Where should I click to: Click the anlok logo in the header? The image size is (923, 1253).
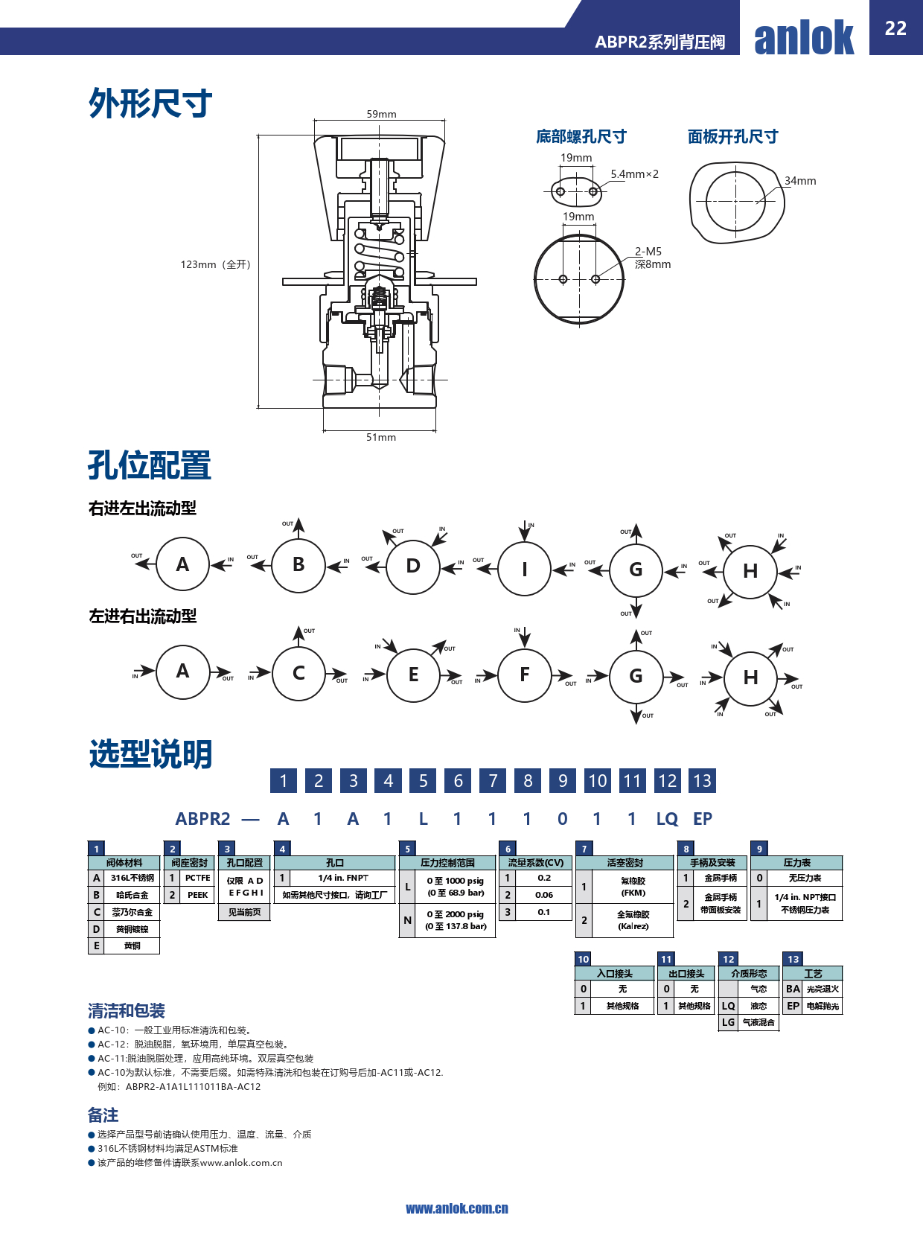click(804, 37)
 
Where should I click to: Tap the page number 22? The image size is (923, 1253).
click(895, 28)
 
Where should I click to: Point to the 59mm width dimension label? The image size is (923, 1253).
click(381, 114)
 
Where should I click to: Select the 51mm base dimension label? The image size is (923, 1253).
click(381, 437)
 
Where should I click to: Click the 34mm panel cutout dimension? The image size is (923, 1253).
click(800, 181)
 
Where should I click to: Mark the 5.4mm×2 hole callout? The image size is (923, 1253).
click(634, 174)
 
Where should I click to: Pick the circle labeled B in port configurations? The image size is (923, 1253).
click(298, 565)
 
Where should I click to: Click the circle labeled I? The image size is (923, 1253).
click(524, 570)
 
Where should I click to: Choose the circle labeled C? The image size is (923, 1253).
click(298, 674)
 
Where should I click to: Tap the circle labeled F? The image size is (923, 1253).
click(524, 675)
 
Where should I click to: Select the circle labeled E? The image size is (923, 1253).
click(413, 675)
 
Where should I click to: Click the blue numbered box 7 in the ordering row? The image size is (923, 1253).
click(493, 780)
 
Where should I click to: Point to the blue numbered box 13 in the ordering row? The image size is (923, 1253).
click(702, 780)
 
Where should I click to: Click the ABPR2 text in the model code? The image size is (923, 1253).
click(202, 819)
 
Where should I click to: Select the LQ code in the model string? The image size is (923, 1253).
click(667, 819)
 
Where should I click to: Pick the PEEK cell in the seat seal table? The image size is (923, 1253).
click(197, 895)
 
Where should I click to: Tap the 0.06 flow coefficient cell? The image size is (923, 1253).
click(544, 895)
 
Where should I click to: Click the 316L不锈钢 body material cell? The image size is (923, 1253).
click(132, 879)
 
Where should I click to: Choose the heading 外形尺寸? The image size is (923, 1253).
click(150, 103)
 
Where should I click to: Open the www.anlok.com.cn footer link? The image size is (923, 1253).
click(457, 1208)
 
